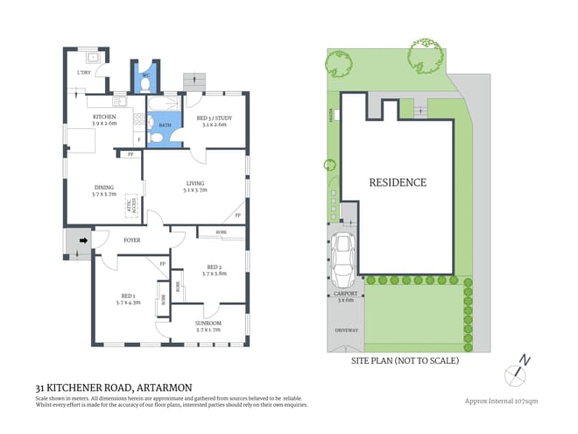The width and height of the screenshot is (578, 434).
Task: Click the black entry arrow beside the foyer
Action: [84, 238]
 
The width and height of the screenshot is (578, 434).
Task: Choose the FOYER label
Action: [132, 240]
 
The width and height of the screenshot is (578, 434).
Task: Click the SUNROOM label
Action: [208, 323]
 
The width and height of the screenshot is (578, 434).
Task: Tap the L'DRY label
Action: [84, 73]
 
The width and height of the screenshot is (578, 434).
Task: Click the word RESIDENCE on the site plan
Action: [397, 183]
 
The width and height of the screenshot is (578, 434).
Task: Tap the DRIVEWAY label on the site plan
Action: [347, 330]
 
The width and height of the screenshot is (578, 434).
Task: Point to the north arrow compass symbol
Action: [516, 368]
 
